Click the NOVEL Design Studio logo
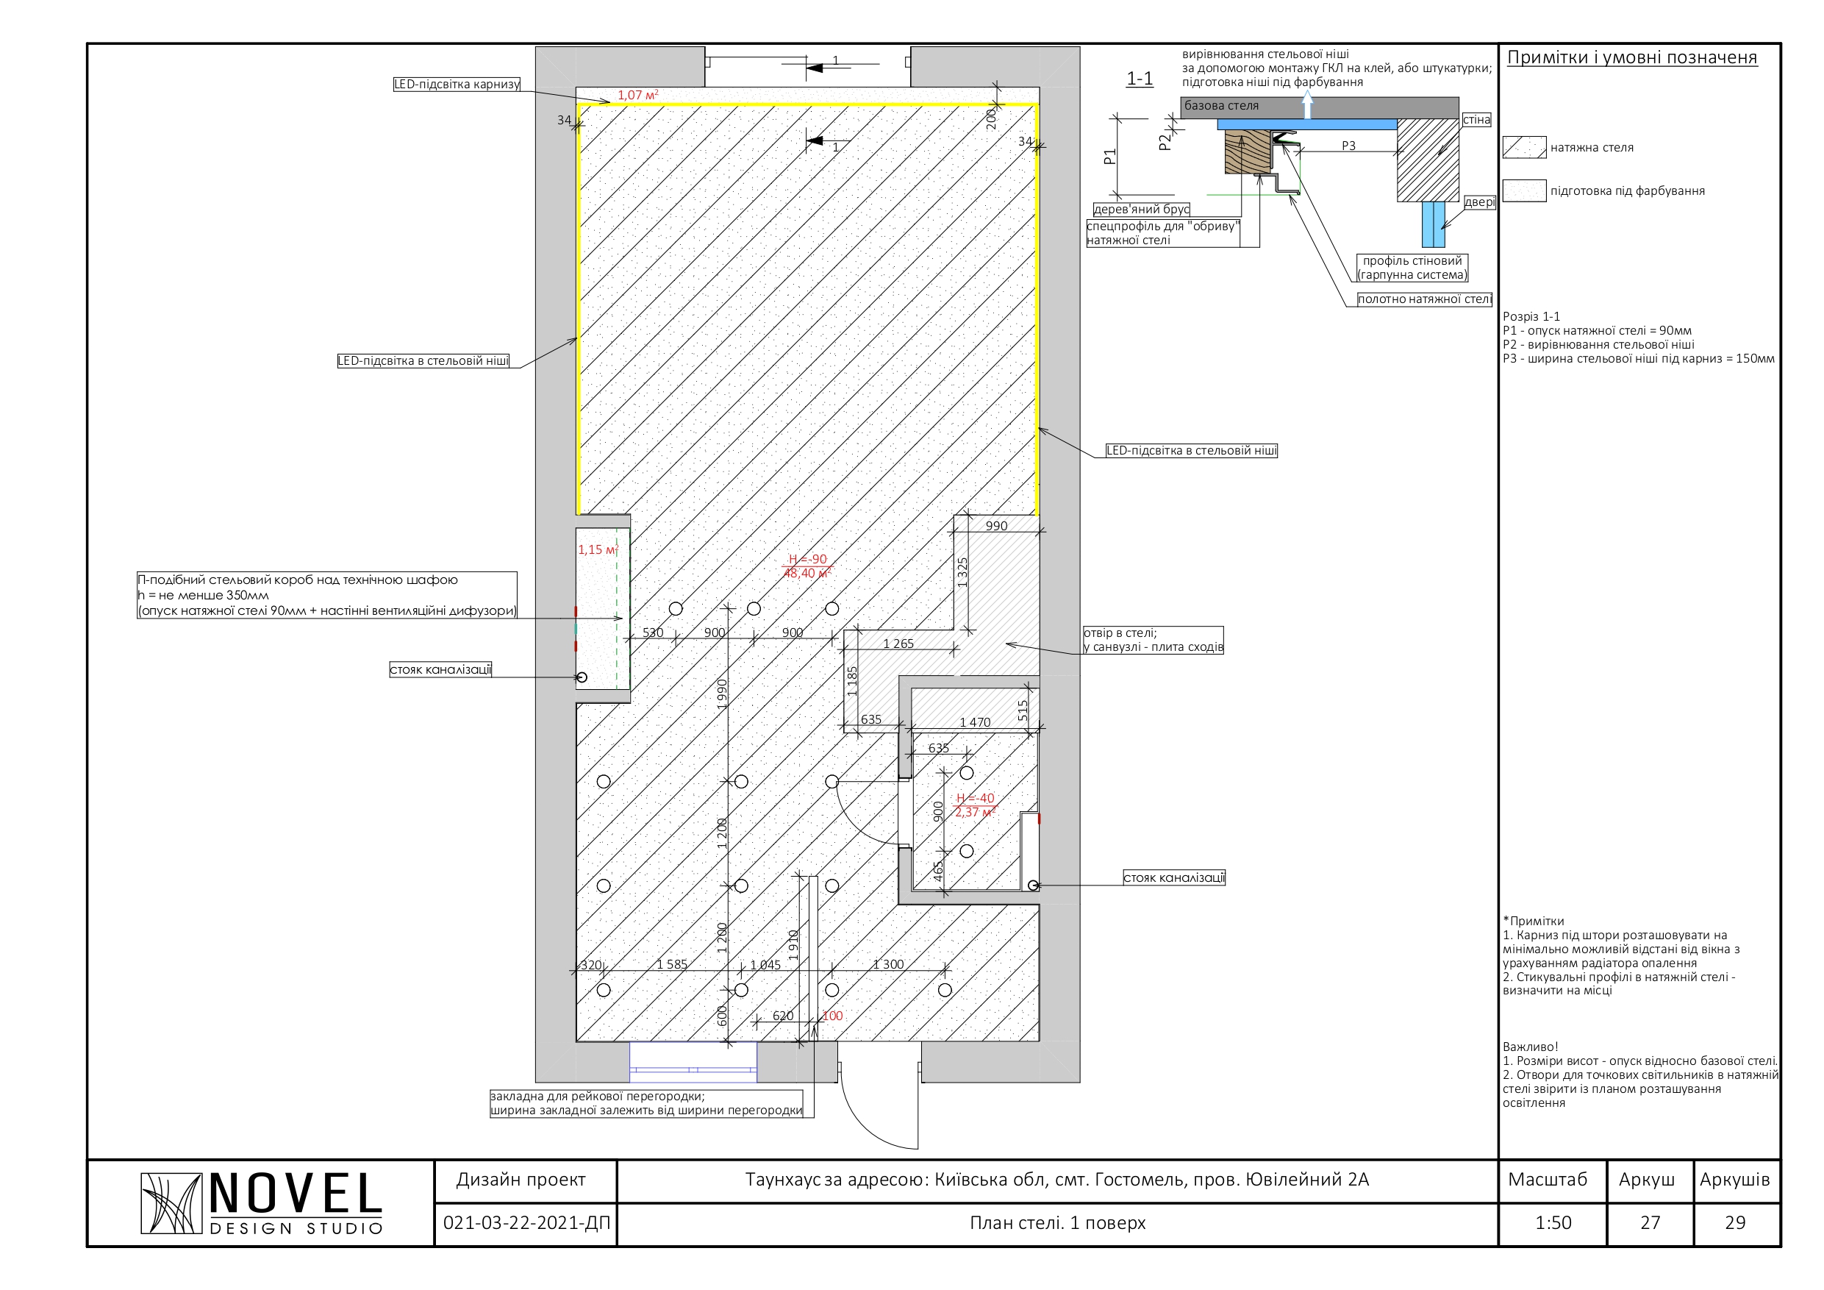coord(262,1203)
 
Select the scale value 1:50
coord(1553,1222)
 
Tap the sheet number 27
coord(1650,1222)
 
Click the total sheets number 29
coord(1735,1222)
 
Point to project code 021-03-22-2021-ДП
coord(526,1222)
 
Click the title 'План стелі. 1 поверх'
coord(1057,1222)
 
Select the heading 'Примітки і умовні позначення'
coord(1632,57)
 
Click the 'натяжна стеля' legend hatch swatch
coord(1525,148)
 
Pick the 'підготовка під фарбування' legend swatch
coord(1525,190)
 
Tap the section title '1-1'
coord(1140,78)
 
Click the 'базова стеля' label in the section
coord(1221,106)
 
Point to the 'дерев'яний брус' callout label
coord(1142,209)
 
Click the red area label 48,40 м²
coord(807,573)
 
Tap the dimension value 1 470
coord(975,721)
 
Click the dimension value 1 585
coord(671,964)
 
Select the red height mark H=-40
coord(975,798)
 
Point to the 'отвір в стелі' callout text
coord(1153,640)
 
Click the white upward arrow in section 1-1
coord(1307,104)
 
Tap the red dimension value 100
coord(832,1016)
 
